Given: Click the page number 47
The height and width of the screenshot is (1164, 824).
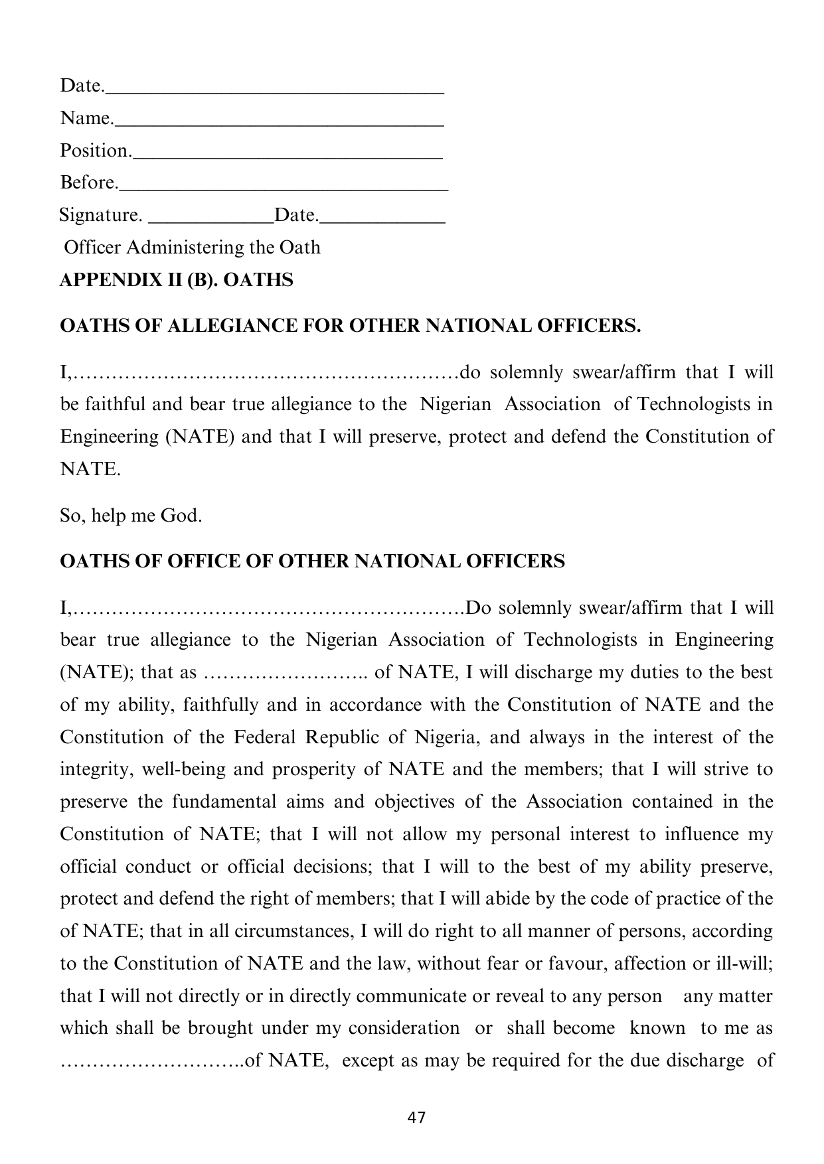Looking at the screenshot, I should click(x=416, y=1117).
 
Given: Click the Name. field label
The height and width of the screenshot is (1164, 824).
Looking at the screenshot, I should click(x=86, y=118).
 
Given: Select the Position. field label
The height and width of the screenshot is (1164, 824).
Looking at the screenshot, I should click(x=96, y=151).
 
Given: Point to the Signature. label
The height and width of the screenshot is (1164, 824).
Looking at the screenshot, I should click(x=100, y=215).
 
